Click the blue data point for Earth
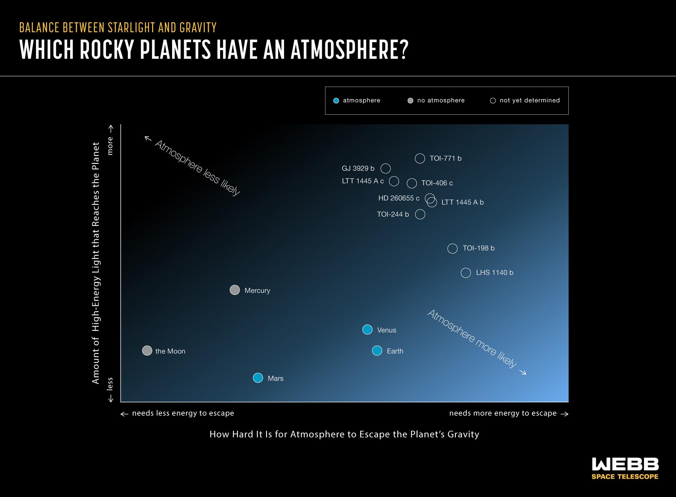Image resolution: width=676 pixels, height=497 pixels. (377, 351)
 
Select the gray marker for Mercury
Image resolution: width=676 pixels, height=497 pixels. (234, 290)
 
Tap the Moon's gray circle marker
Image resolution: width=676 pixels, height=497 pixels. (147, 351)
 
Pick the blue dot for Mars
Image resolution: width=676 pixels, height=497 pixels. (258, 378)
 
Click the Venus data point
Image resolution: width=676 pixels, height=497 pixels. (367, 329)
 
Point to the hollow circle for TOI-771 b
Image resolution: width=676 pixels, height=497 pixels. (420, 158)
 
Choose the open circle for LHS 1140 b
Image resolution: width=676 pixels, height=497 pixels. (466, 273)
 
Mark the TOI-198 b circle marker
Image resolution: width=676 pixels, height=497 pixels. (452, 249)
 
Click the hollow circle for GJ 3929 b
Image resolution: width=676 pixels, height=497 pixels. (386, 169)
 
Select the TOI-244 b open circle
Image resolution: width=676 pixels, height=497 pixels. (420, 214)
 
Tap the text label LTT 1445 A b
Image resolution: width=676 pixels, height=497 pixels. (462, 202)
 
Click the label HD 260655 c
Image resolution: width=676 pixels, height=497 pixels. (399, 198)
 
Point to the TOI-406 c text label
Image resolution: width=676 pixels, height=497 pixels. (437, 183)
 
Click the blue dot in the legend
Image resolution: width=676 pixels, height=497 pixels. (336, 101)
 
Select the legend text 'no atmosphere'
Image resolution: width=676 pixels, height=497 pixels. (441, 101)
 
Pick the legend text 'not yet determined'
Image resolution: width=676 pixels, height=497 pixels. (530, 101)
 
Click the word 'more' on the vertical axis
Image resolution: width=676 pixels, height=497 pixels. (110, 146)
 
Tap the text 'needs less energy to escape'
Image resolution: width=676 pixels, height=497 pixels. (183, 413)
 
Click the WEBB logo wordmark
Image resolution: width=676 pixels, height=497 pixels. (625, 464)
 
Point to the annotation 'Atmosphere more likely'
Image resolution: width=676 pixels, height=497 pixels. (472, 338)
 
